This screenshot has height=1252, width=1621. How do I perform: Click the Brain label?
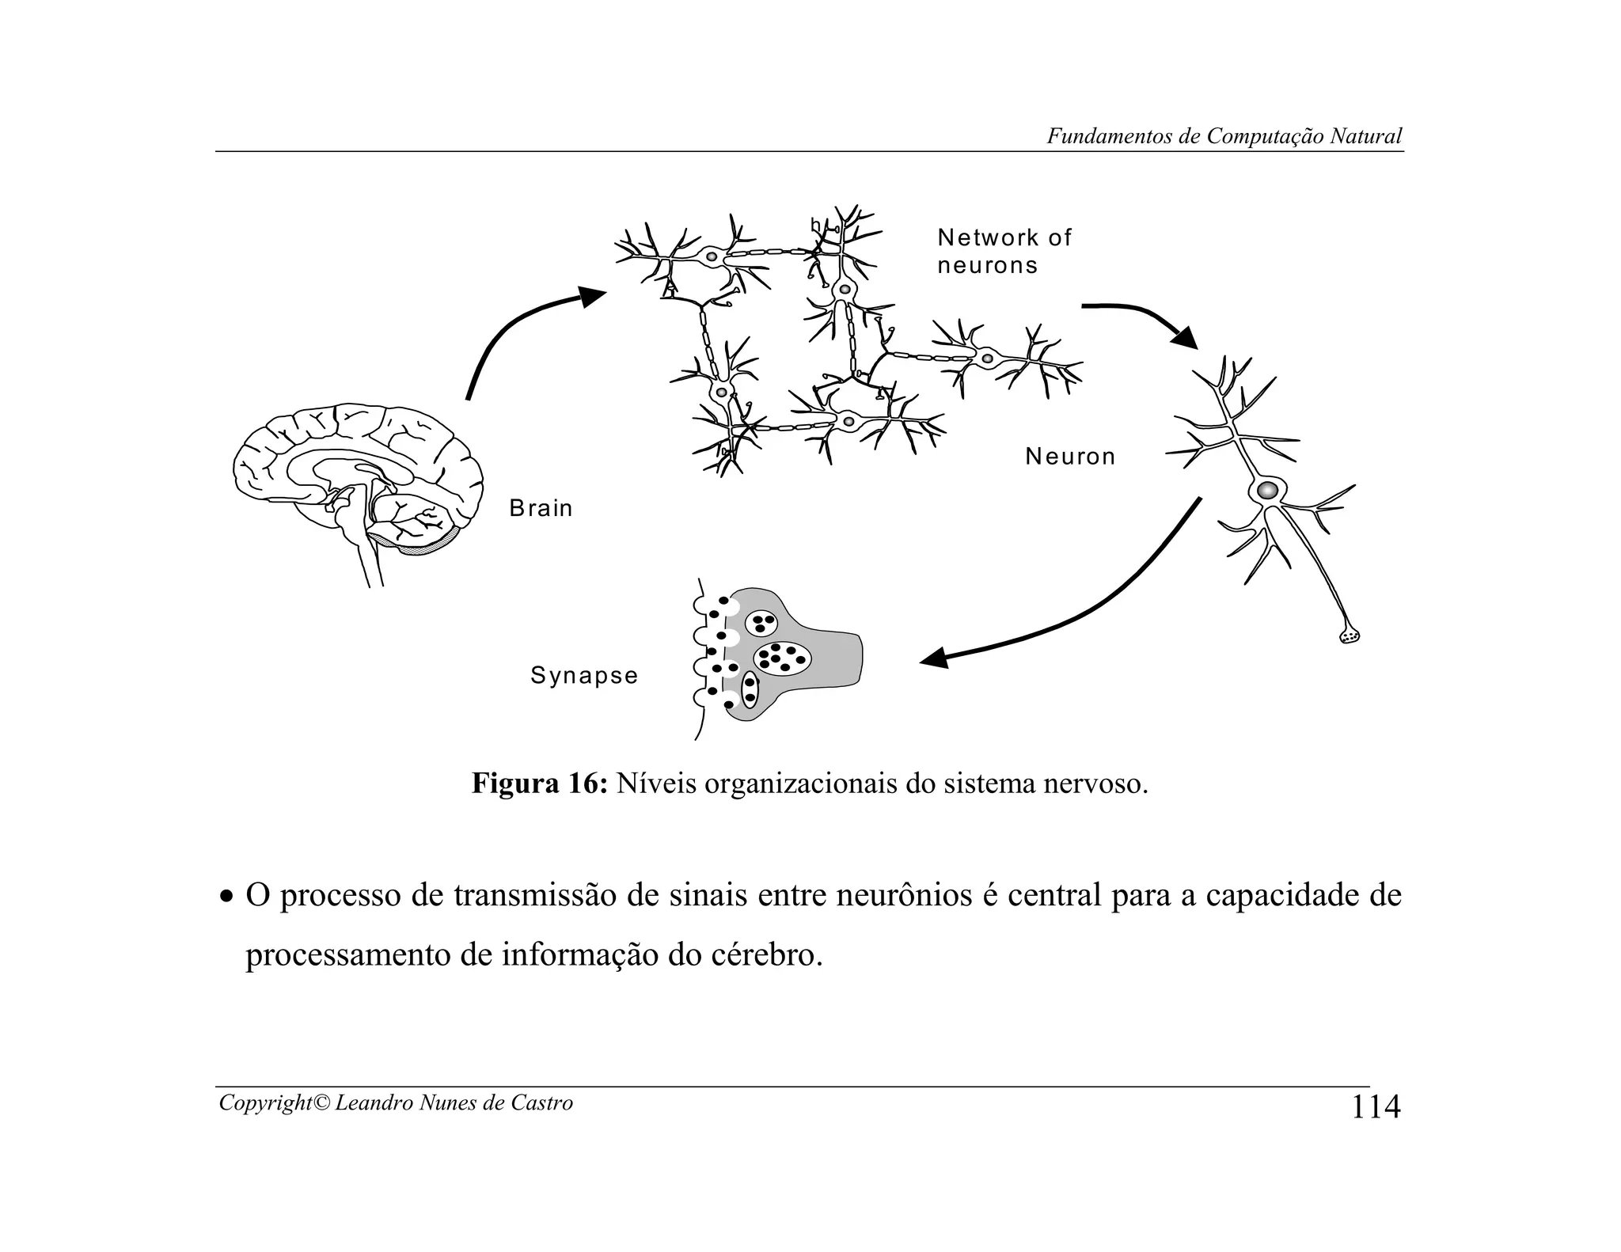point(541,508)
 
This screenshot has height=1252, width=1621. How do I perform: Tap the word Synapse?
point(584,675)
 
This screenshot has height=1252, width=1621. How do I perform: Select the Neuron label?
point(1070,457)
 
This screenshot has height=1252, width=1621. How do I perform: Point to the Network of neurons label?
point(1004,251)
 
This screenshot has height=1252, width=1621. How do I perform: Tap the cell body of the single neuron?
point(1267,490)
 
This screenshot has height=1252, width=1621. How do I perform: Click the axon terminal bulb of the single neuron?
point(1350,635)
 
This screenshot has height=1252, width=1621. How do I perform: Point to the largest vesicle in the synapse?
point(782,656)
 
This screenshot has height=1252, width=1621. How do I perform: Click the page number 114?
point(1376,1106)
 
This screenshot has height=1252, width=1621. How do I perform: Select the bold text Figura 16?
point(540,783)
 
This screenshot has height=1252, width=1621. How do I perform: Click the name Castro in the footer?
point(544,1102)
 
